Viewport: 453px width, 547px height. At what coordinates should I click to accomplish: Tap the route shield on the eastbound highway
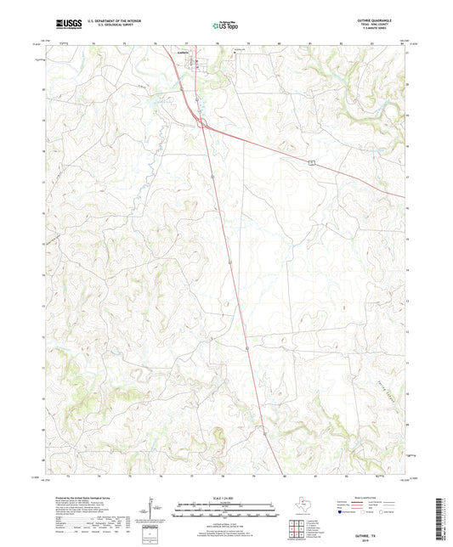tap(312, 161)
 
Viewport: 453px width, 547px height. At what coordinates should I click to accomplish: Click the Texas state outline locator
tap(303, 506)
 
